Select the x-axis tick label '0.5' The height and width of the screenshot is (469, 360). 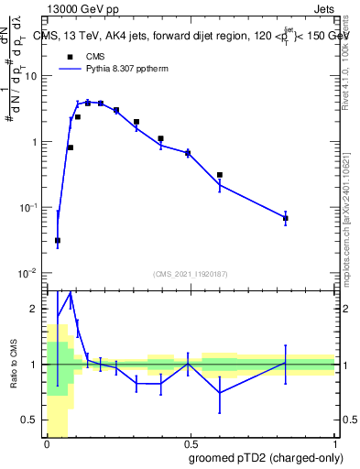[x=191, y=444]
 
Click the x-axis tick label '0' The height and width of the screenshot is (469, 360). [x=47, y=444]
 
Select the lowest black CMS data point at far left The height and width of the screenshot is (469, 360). [x=58, y=241]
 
